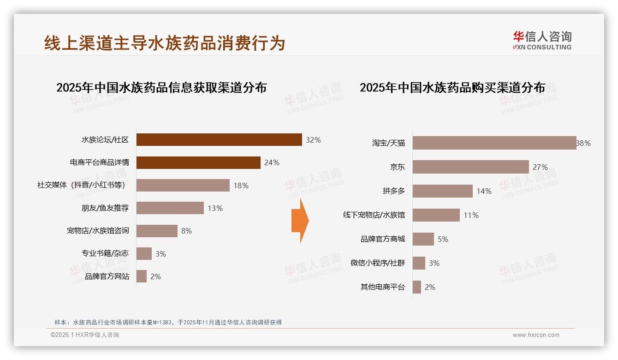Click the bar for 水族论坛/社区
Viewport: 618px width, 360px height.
click(x=219, y=140)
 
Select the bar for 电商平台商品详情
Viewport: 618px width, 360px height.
click(x=198, y=162)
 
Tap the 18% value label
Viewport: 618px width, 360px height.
click(x=241, y=186)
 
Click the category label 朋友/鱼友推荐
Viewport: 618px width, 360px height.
click(x=105, y=208)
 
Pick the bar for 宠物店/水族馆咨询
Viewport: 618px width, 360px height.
click(x=157, y=231)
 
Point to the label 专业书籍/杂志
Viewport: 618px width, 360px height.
click(x=105, y=253)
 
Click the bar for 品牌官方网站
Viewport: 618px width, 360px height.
click(x=142, y=276)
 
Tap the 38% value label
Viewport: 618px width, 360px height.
click(x=583, y=143)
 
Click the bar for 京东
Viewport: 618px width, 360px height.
click(x=470, y=167)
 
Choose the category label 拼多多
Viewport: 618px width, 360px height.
click(x=394, y=191)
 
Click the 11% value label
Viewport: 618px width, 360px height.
click(x=471, y=215)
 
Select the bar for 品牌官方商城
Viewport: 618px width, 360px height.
click(x=423, y=239)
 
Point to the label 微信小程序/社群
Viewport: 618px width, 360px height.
click(x=378, y=263)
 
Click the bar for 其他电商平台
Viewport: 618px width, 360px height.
click(x=417, y=287)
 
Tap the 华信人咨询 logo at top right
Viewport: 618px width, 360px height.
click(x=542, y=40)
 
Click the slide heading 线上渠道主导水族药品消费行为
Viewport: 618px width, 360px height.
click(x=165, y=43)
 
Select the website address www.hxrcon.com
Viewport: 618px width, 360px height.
click(x=536, y=335)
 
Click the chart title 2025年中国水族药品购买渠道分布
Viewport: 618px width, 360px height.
click(x=452, y=87)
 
